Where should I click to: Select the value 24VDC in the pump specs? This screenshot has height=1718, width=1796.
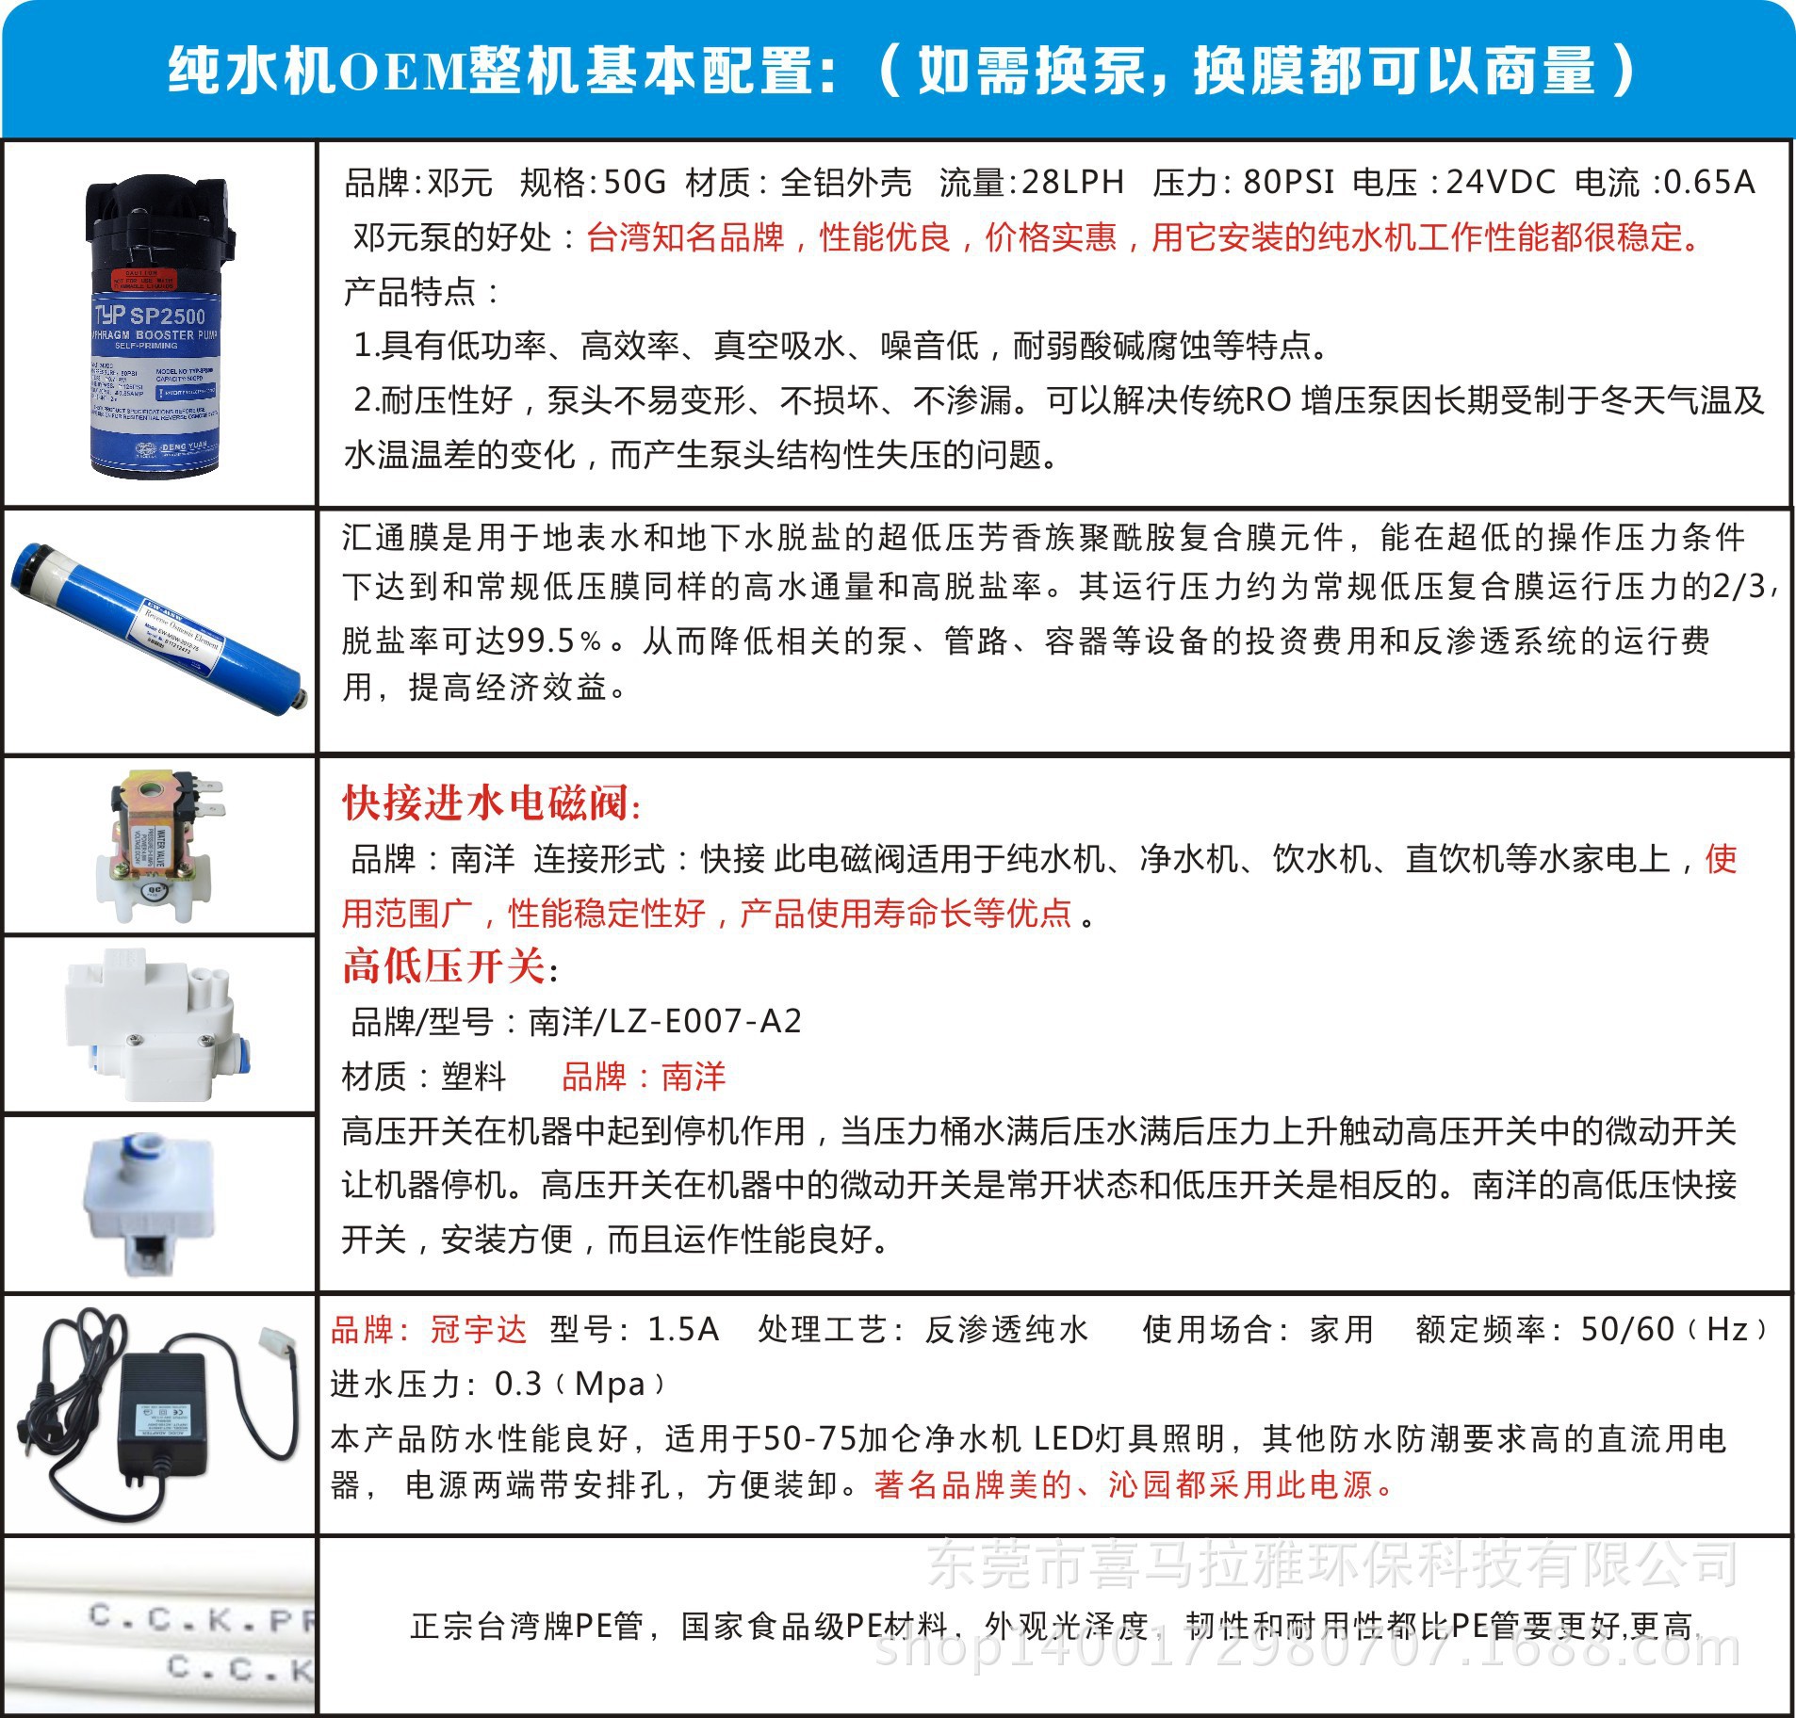(1500, 182)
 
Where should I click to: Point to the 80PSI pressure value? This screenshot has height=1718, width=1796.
(1288, 182)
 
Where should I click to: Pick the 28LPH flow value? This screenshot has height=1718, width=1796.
(1072, 182)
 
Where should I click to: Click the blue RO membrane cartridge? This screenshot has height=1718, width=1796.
(160, 629)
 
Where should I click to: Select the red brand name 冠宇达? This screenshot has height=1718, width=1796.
(478, 1330)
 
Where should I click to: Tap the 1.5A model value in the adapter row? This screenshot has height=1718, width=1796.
(683, 1330)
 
